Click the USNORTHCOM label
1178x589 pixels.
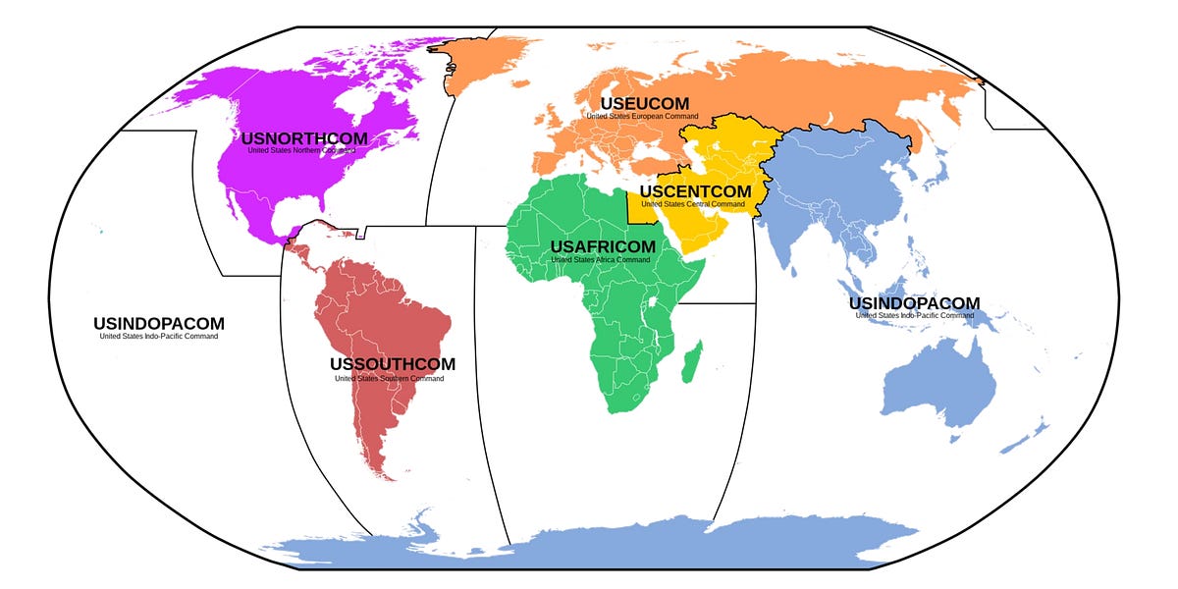(x=304, y=138)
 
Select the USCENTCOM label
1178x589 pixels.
(x=695, y=191)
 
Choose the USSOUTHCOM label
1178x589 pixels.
(x=393, y=364)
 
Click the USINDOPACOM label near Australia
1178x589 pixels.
(x=914, y=302)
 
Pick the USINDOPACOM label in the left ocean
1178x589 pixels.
(x=159, y=323)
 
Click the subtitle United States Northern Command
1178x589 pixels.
(x=304, y=151)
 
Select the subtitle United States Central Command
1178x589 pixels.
(x=695, y=204)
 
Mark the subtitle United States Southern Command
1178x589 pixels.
(x=393, y=378)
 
